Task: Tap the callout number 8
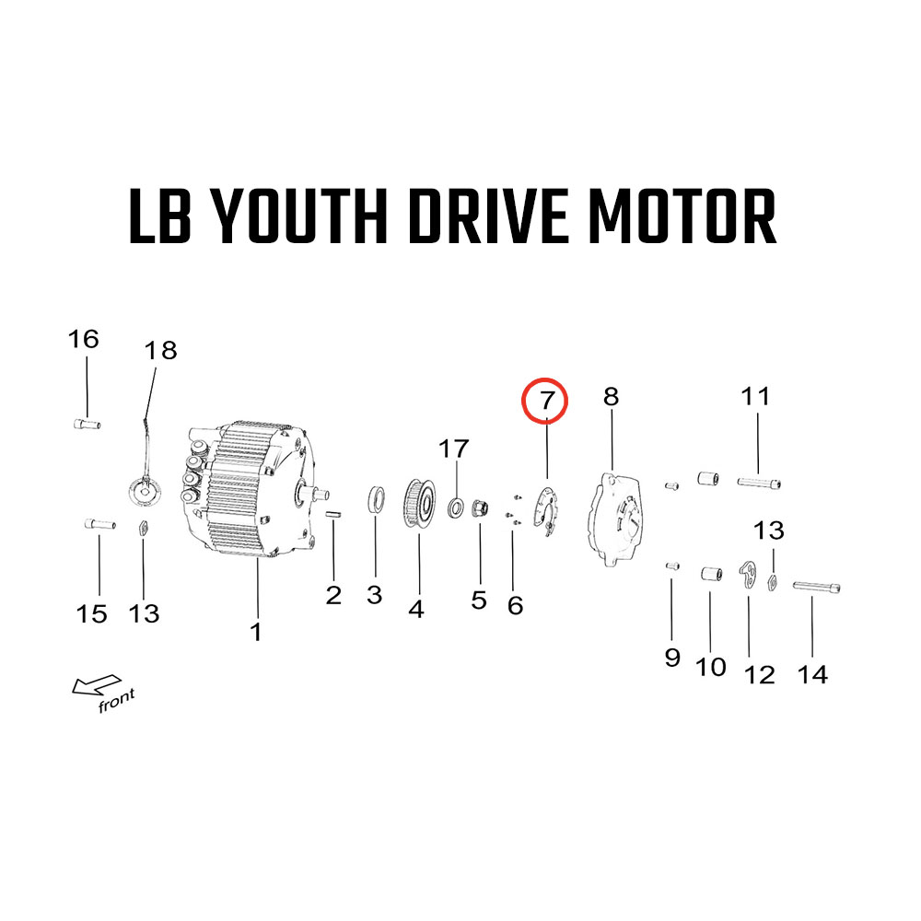(x=612, y=397)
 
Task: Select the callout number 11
(x=755, y=396)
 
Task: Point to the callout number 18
(x=160, y=351)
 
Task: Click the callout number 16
(x=84, y=339)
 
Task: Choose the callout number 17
(x=453, y=449)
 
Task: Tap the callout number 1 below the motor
(x=255, y=632)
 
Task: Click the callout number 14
(x=812, y=674)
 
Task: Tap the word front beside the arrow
(x=116, y=700)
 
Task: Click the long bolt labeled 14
(x=816, y=587)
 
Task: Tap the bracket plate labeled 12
(x=748, y=573)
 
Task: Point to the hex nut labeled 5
(x=481, y=507)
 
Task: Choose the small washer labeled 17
(x=456, y=507)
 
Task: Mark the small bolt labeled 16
(x=87, y=424)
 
